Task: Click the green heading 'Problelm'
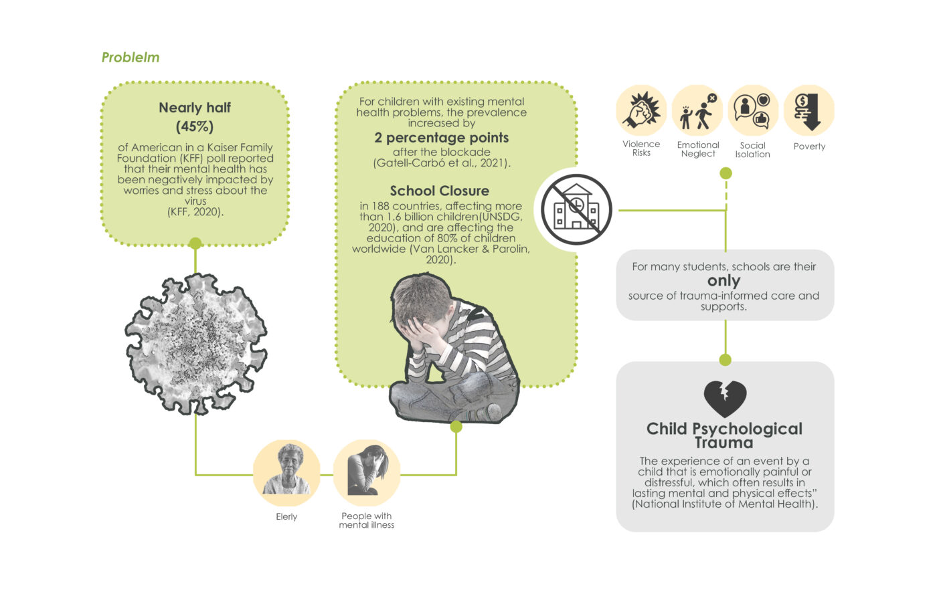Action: click(131, 58)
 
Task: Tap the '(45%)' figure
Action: click(195, 126)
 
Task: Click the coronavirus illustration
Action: click(195, 343)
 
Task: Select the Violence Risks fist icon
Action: click(641, 110)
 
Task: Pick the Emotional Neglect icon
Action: click(697, 110)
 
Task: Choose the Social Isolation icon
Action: click(753, 110)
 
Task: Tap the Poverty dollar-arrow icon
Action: click(808, 110)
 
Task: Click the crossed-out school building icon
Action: click(576, 209)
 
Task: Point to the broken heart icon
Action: click(725, 399)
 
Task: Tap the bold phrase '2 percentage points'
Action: click(442, 138)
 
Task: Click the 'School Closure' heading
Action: click(440, 191)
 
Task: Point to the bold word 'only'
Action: click(724, 281)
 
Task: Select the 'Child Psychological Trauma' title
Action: click(724, 435)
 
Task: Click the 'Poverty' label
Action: click(809, 146)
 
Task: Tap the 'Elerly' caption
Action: click(286, 517)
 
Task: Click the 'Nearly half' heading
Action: click(195, 108)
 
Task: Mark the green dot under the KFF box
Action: click(195, 243)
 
